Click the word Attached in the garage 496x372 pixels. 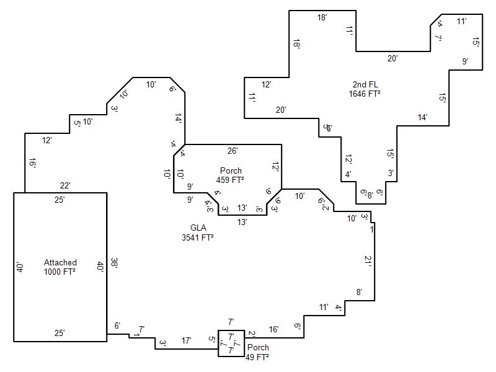pos(60,263)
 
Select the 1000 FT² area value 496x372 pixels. pos(60,272)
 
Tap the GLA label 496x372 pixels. pos(198,228)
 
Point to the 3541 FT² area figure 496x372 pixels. pos(198,237)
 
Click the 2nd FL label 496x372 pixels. pos(365,84)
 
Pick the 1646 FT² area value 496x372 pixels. pos(365,94)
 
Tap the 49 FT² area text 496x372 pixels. pos(257,357)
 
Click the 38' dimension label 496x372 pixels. pos(114,263)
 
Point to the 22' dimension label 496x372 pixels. pos(65,185)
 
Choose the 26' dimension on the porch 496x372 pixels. pos(232,151)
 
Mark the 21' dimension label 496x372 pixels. pos(368,260)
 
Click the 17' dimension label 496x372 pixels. pos(186,340)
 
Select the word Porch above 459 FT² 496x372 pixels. pos(231,170)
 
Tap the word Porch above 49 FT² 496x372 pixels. pos(258,348)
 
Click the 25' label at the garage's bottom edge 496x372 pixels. pos(60,333)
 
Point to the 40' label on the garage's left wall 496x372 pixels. pos(20,267)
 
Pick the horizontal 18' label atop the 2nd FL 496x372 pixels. pos(322,18)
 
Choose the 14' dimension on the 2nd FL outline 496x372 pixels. pos(422,117)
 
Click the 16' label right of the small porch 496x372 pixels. pos(273,329)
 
